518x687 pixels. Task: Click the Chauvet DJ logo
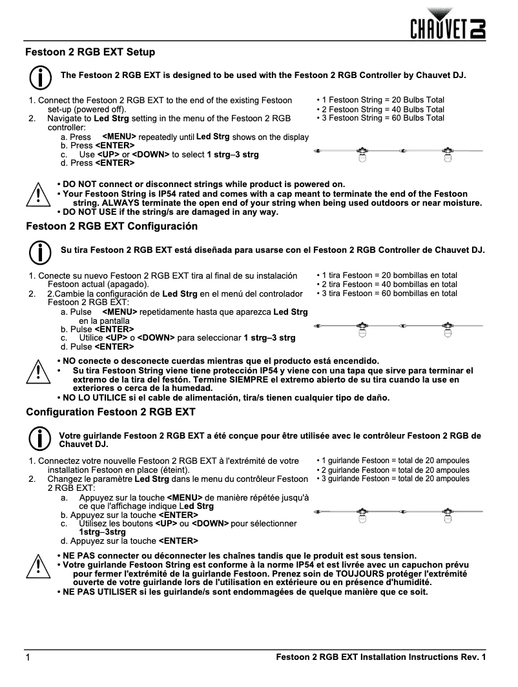449,24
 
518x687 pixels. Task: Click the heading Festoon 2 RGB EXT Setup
90,51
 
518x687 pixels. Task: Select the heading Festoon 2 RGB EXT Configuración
111,226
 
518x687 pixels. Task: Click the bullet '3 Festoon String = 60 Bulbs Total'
380,118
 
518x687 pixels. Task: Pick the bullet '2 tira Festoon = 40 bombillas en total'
387,284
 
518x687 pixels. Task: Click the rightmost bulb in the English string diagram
446,155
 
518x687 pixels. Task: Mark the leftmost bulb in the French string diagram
362,515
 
